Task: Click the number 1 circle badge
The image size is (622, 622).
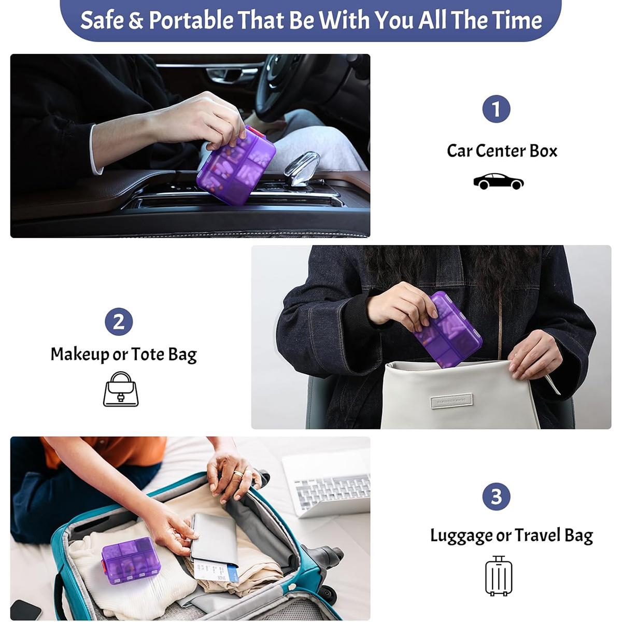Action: [x=496, y=109]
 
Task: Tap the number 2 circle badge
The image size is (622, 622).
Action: [x=119, y=322]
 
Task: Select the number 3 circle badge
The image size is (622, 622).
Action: [x=496, y=497]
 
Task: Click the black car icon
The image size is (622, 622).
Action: [x=498, y=181]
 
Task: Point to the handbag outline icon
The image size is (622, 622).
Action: [x=121, y=389]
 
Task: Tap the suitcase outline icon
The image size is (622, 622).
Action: [x=499, y=576]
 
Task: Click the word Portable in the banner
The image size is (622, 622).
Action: [x=191, y=20]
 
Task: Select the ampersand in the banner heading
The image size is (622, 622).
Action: [x=136, y=20]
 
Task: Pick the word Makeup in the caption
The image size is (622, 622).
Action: [x=80, y=355]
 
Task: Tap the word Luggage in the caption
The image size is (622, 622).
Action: [x=462, y=536]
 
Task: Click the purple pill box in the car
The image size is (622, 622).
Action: [x=236, y=165]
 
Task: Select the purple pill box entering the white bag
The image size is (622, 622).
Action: [x=448, y=330]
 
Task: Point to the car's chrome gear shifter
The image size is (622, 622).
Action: [x=302, y=168]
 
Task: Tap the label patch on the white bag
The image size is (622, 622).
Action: [x=452, y=401]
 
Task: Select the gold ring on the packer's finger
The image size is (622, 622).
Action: [x=238, y=474]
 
